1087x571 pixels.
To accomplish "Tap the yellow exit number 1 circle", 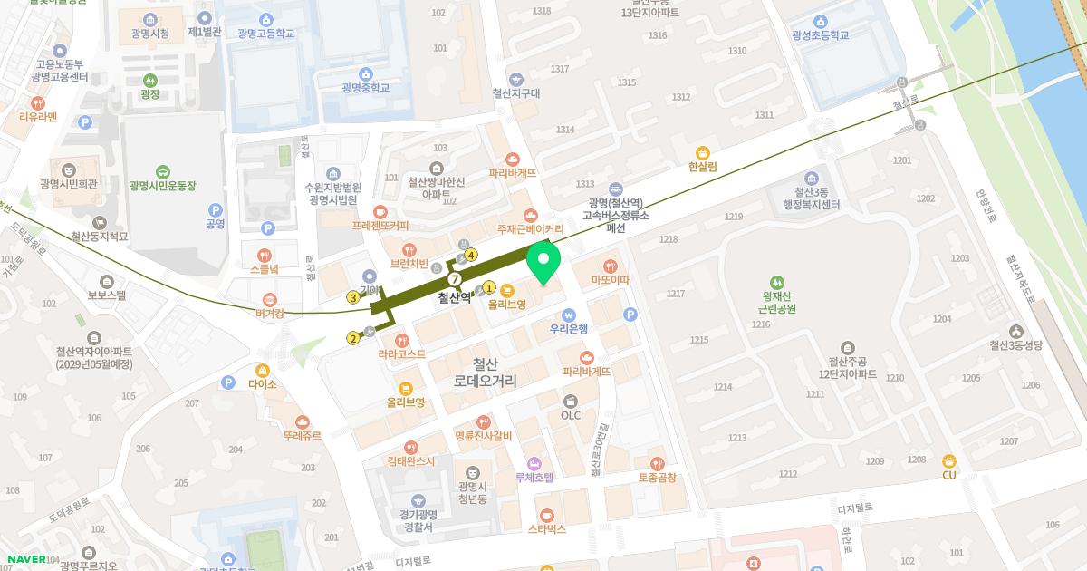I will click(489, 287).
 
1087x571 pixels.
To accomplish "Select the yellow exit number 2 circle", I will click(352, 339).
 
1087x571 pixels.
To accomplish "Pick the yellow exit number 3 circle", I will click(352, 297).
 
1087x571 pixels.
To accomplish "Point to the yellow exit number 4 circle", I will click(471, 255).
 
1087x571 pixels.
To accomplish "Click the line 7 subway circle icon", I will click(455, 279).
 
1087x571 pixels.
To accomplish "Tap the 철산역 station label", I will click(455, 297).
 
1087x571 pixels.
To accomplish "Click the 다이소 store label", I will click(263, 384).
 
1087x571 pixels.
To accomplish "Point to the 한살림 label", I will click(702, 167).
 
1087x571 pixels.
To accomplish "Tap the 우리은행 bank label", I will click(569, 328).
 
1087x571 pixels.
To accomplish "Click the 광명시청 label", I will click(149, 34).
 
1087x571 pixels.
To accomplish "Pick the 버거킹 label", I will click(268, 313).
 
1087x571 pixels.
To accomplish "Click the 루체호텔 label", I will click(534, 477).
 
